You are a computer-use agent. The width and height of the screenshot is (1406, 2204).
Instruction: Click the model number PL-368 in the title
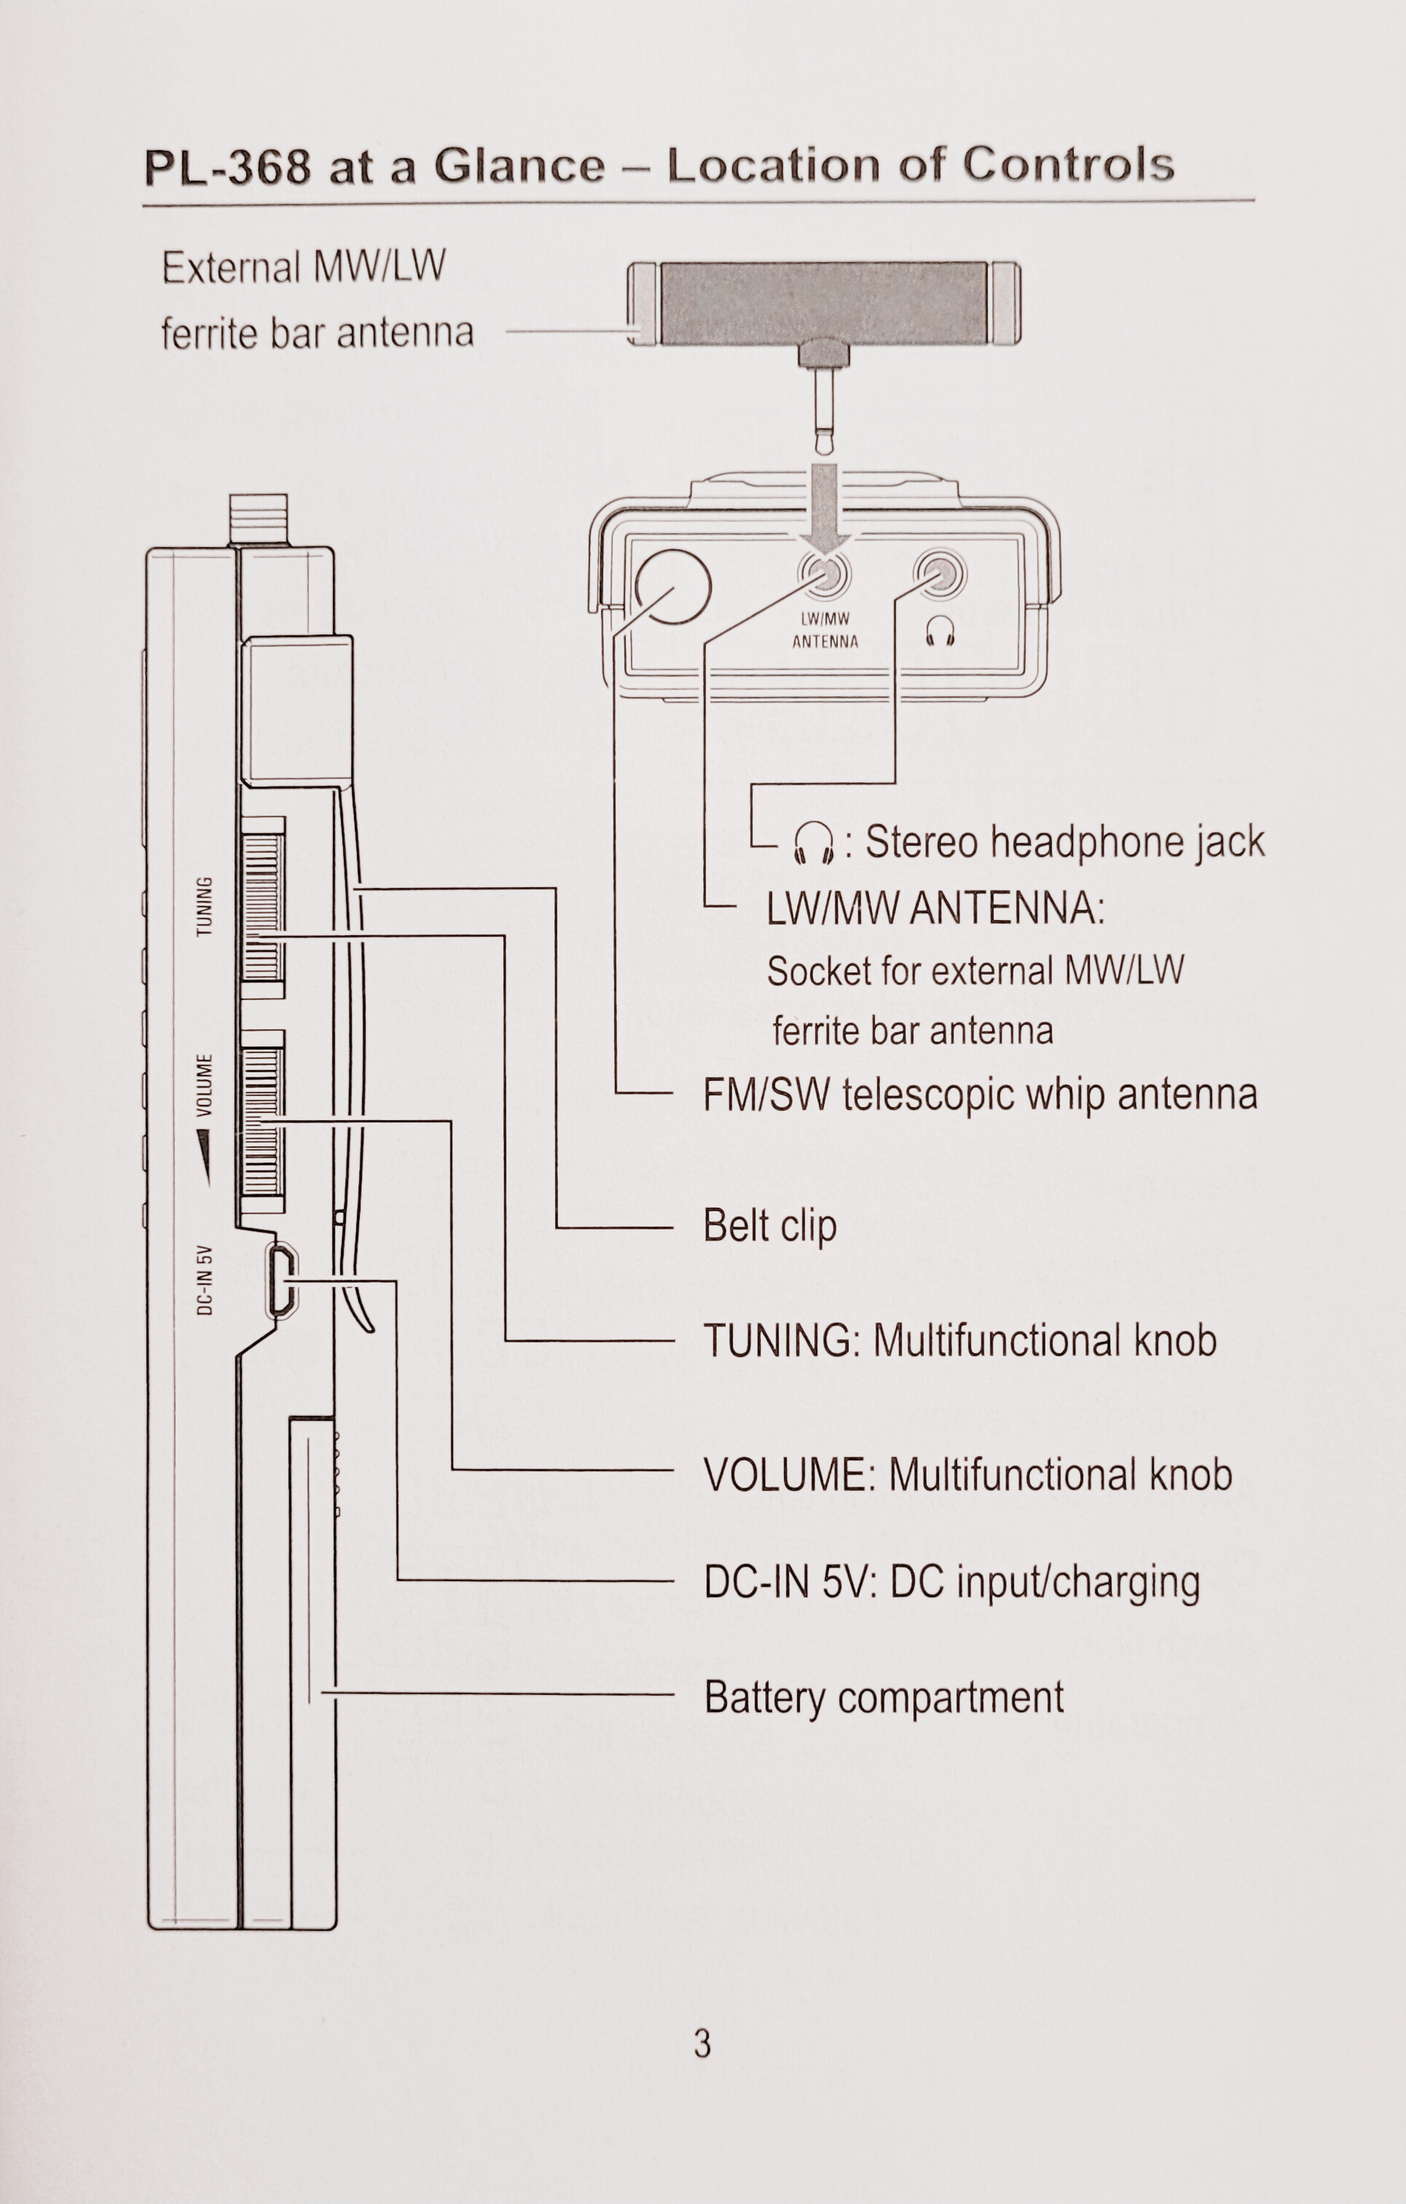(x=227, y=168)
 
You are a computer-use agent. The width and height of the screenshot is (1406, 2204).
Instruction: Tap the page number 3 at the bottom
(x=702, y=2043)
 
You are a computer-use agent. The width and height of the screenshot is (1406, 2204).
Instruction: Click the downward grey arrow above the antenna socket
(x=825, y=508)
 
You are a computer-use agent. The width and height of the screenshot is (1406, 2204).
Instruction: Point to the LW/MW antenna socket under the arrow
(x=825, y=575)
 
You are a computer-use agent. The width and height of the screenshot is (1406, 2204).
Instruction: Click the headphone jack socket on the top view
(x=940, y=575)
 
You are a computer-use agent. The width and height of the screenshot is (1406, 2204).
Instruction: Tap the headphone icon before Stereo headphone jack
(x=813, y=843)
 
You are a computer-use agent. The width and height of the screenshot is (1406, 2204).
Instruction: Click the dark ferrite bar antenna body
(x=824, y=304)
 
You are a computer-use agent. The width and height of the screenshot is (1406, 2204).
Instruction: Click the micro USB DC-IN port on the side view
(x=281, y=1280)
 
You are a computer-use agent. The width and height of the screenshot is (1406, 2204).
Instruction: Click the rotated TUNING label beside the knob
(x=205, y=906)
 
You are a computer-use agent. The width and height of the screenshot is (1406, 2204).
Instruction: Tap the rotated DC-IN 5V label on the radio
(x=205, y=1280)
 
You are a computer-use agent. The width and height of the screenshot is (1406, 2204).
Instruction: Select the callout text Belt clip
(x=769, y=1227)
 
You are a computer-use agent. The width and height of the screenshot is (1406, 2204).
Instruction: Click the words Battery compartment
(x=884, y=1698)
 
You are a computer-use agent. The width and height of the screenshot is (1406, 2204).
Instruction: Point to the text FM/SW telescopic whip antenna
(x=979, y=1095)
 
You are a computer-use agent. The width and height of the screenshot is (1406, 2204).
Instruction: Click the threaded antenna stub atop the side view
(x=258, y=519)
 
